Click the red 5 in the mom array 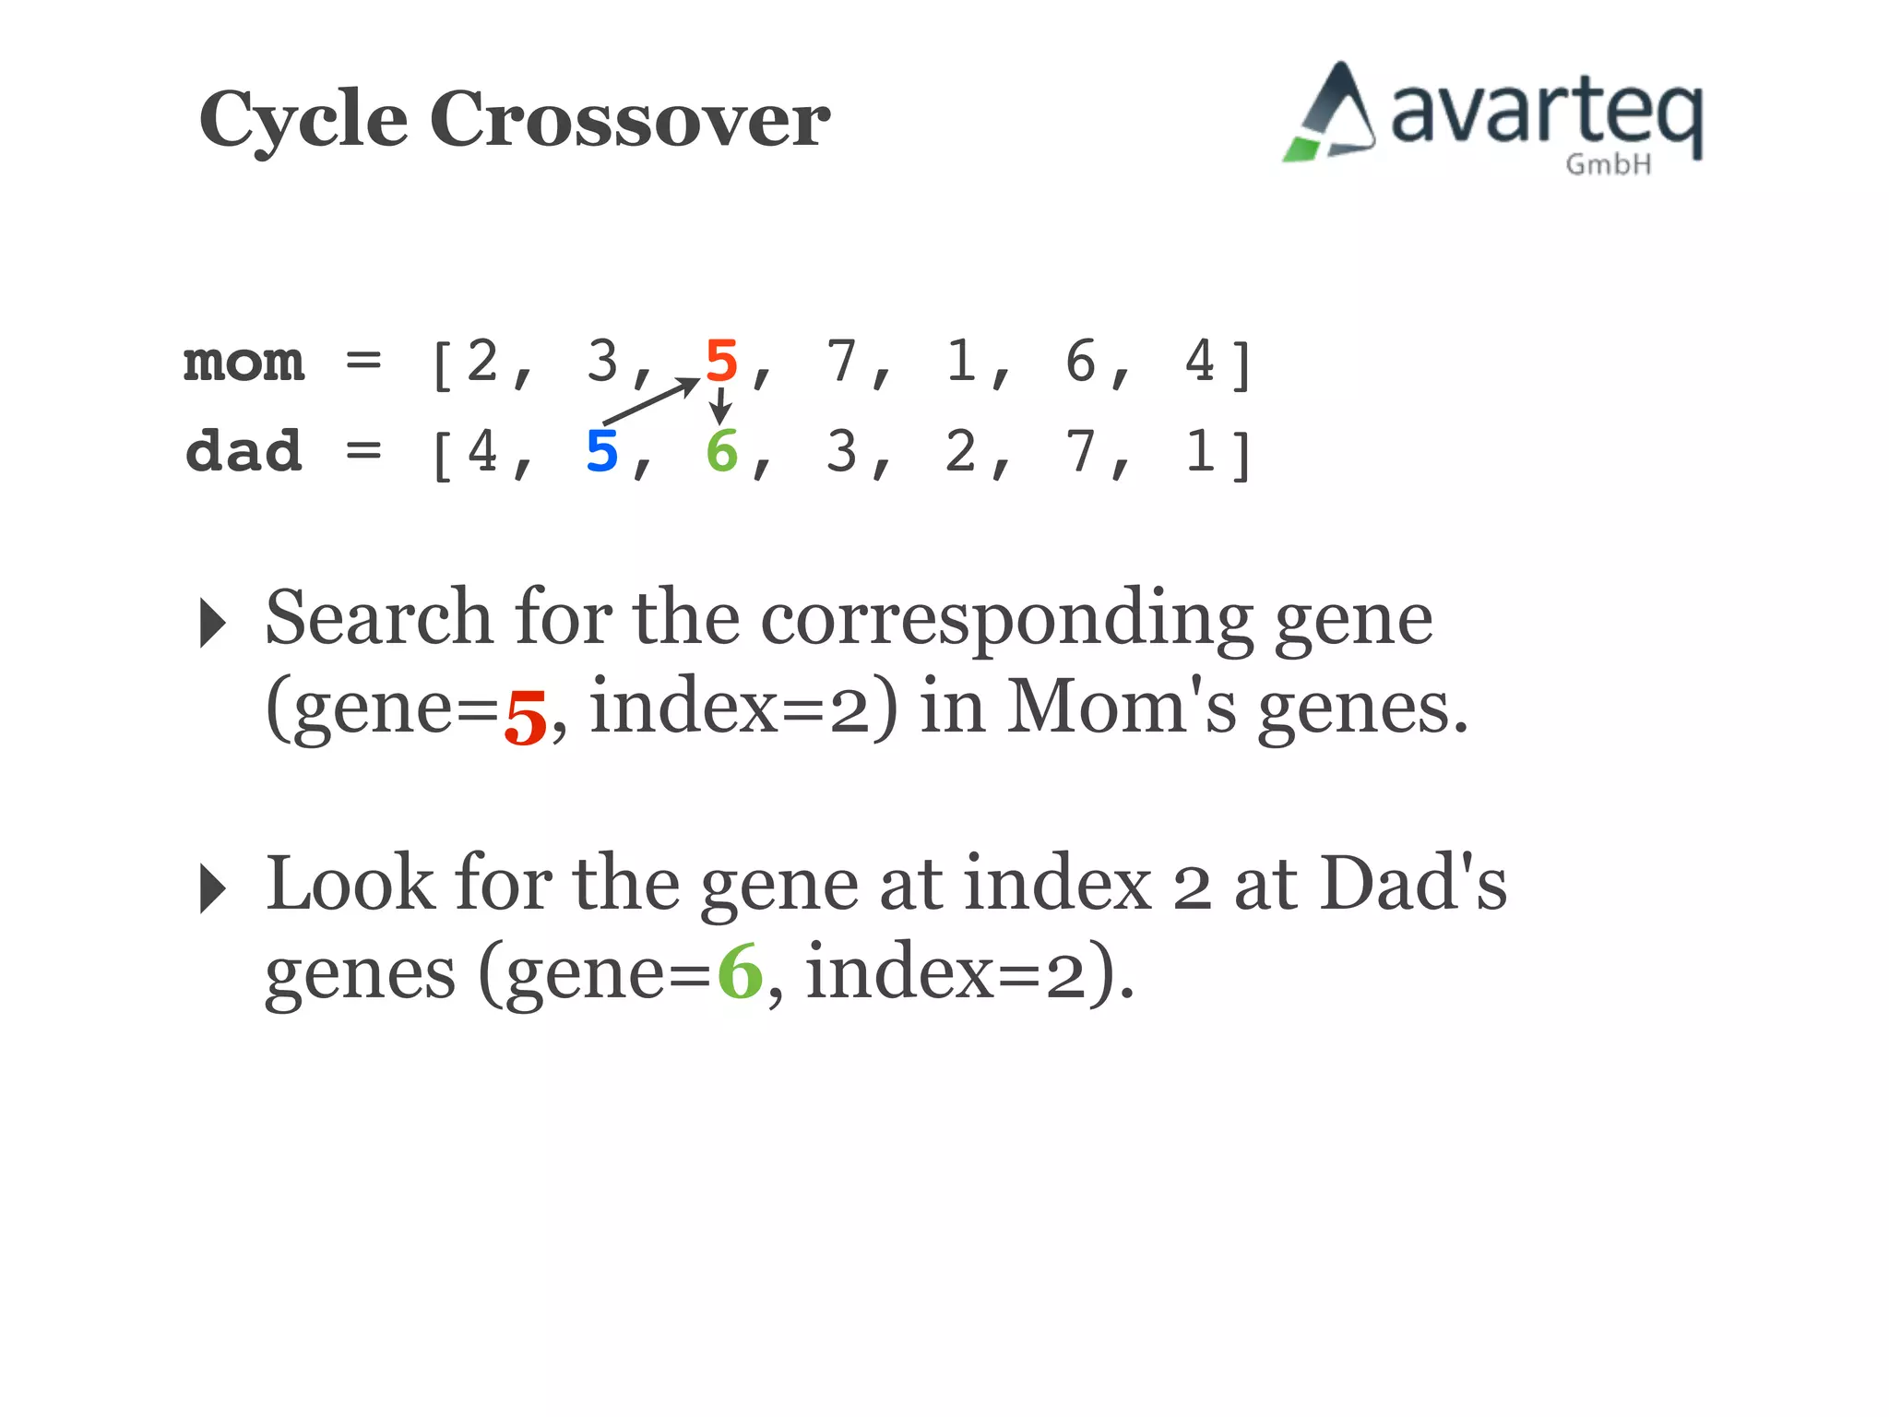(721, 361)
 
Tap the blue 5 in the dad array (601, 451)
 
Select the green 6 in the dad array (721, 451)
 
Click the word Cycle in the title (303, 121)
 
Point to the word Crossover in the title (630, 119)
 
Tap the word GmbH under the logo (1608, 165)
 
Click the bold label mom (244, 362)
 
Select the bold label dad (244, 451)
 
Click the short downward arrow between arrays (720, 406)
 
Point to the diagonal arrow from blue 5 (650, 401)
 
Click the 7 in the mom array (840, 361)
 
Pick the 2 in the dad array (960, 451)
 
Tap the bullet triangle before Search (212, 623)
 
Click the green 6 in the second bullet (740, 972)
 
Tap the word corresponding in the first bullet (1005, 619)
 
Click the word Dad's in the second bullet (1413, 884)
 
